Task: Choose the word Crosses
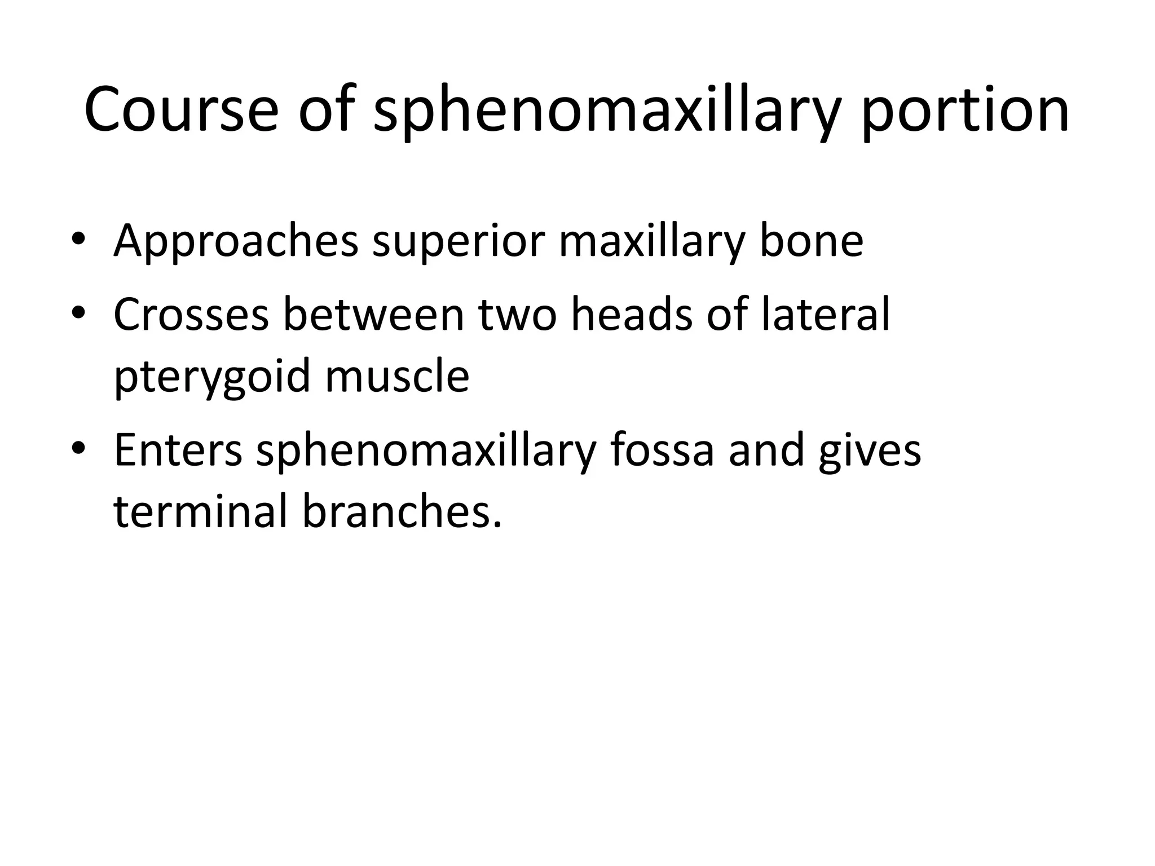coord(191,315)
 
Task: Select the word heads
coord(631,315)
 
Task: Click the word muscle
coord(398,377)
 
